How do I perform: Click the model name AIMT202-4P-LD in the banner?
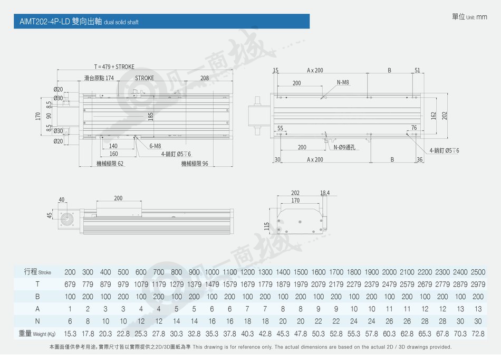click(44, 22)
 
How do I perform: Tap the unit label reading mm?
click(482, 17)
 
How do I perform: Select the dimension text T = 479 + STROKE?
click(114, 67)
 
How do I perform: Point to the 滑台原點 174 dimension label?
click(99, 78)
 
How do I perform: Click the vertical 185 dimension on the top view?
click(151, 116)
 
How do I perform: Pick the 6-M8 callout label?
click(155, 146)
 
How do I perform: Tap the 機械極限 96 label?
click(195, 164)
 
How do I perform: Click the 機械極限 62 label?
click(110, 164)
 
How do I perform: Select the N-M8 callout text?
click(343, 82)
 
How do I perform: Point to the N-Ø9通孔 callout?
click(344, 147)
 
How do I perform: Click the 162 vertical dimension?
click(433, 116)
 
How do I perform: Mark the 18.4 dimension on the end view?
click(325, 193)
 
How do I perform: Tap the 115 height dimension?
click(267, 226)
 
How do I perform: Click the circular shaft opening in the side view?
click(67, 220)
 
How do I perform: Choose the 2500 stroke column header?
click(478, 272)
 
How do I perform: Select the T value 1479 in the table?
click(212, 284)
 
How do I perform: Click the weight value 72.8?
click(478, 334)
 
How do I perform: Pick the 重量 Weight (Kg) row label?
click(37, 334)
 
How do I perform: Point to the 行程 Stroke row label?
click(37, 272)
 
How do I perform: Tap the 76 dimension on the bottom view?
click(414, 128)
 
